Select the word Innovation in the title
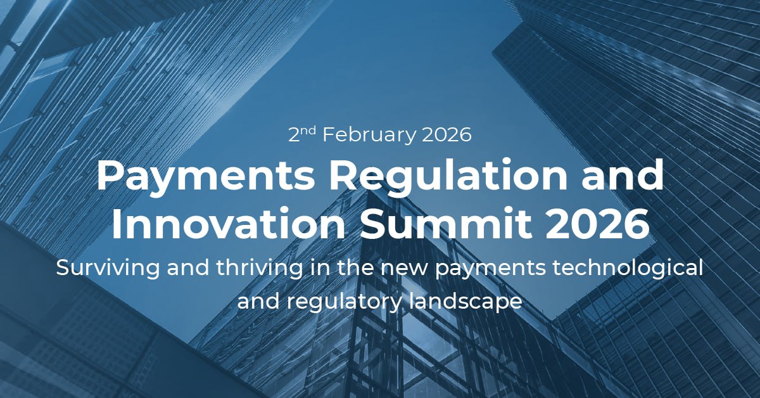pyautogui.click(x=227, y=224)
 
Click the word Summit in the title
pyautogui.click(x=445, y=224)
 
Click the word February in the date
pyautogui.click(x=369, y=135)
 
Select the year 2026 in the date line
pyautogui.click(x=447, y=135)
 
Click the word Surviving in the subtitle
pyautogui.click(x=108, y=269)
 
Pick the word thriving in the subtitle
pyautogui.click(x=260, y=269)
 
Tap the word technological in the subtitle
pyautogui.click(x=628, y=269)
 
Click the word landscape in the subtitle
pyautogui.click(x=466, y=302)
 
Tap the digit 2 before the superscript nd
pyautogui.click(x=294, y=135)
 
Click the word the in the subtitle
pyautogui.click(x=355, y=268)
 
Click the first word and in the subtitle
pyautogui.click(x=187, y=268)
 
